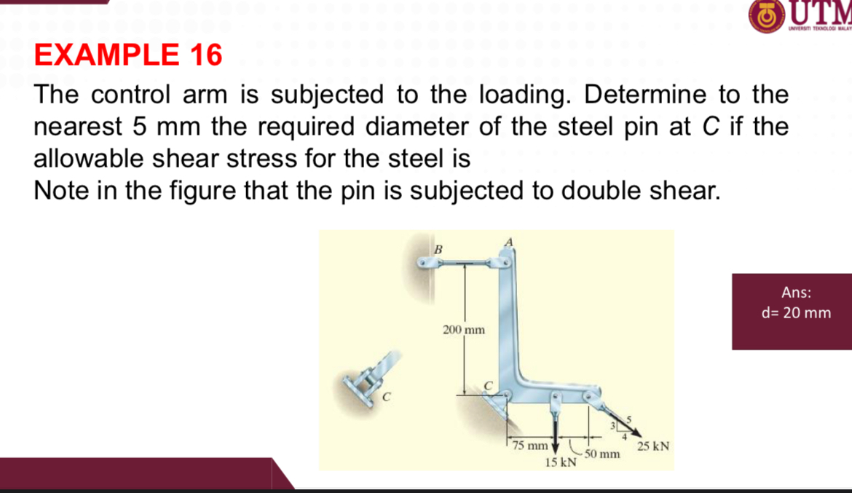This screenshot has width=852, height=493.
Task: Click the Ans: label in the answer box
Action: tap(796, 293)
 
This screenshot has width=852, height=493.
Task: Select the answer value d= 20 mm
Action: tap(796, 313)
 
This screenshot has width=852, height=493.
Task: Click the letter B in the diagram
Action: tap(438, 249)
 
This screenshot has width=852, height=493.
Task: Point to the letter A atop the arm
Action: tap(510, 241)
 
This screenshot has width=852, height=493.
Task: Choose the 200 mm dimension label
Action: tap(464, 331)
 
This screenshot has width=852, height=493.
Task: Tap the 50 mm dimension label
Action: tap(601, 454)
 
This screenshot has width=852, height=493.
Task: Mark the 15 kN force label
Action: tap(560, 463)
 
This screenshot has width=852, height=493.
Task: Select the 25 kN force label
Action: tap(653, 445)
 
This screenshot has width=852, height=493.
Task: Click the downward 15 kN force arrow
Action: tap(555, 433)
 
